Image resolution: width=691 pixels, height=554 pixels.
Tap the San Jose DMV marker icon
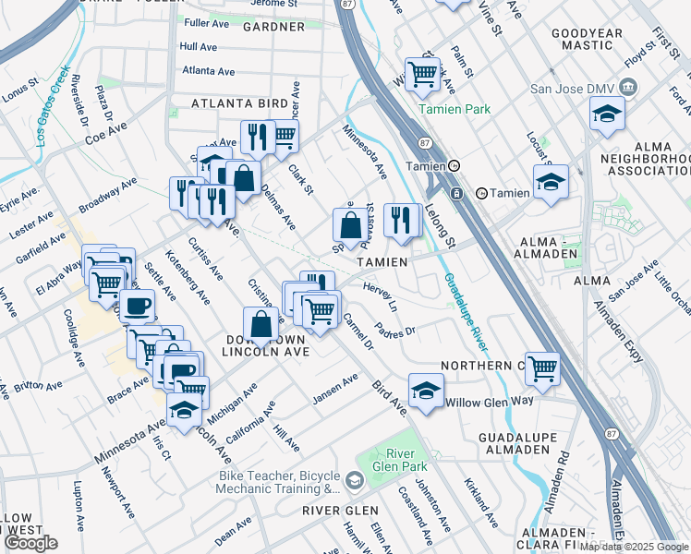pyautogui.click(x=628, y=88)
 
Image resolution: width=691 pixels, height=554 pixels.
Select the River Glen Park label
pyautogui.click(x=399, y=460)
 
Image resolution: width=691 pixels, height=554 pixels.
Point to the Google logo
pyautogui.click(x=30, y=543)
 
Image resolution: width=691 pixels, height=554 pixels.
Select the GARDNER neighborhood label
pyautogui.click(x=273, y=27)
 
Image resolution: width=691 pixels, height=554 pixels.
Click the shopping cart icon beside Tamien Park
pyautogui.click(x=422, y=74)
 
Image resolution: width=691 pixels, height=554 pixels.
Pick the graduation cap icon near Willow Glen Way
pyautogui.click(x=426, y=389)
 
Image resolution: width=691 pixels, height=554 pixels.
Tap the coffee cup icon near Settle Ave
pyautogui.click(x=138, y=305)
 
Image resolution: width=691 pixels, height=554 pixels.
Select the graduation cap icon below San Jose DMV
pyautogui.click(x=606, y=114)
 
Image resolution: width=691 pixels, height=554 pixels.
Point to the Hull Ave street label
pyautogui.click(x=199, y=45)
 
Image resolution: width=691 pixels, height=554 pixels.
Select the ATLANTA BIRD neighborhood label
pyautogui.click(x=233, y=103)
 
